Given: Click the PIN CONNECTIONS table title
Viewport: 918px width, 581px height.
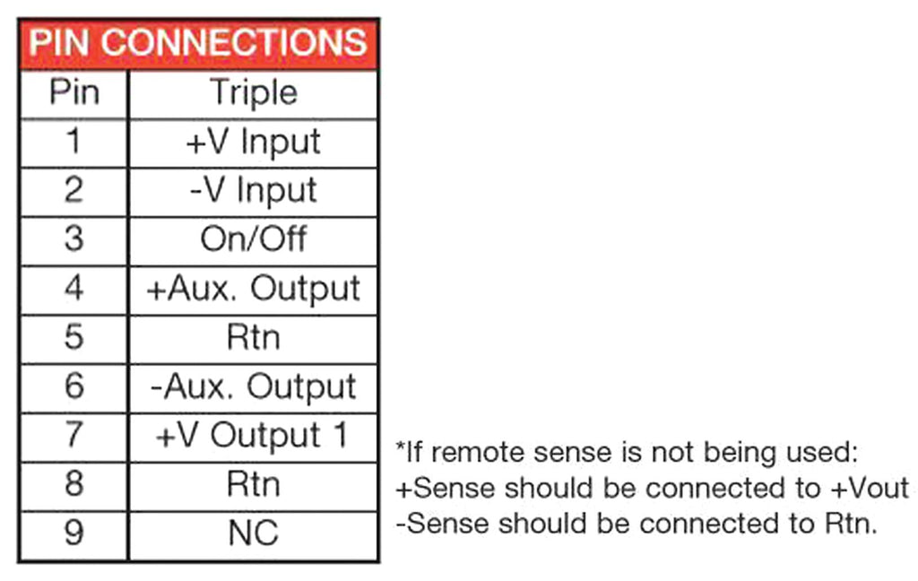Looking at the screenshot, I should (x=198, y=42).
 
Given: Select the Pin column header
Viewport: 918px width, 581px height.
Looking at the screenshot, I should (x=74, y=92).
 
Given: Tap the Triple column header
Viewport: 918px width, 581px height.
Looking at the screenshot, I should (x=253, y=92).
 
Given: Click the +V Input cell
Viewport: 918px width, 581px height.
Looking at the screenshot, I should (x=253, y=142).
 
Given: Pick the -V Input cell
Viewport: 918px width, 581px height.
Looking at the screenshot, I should (x=253, y=191).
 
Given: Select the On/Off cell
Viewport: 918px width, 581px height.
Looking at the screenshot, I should (x=253, y=239).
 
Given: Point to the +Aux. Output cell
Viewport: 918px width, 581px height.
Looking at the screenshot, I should (x=253, y=289).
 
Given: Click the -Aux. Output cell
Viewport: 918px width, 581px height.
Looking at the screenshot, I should (x=253, y=387).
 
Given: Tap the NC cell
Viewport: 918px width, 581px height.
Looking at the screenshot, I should (x=253, y=533).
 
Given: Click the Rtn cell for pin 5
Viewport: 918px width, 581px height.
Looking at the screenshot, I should (x=253, y=338).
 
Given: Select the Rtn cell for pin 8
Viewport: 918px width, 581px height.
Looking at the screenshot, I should (x=253, y=485).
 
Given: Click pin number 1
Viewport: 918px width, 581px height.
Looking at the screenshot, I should (x=74, y=142).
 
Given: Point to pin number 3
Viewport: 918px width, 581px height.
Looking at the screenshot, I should (x=74, y=239).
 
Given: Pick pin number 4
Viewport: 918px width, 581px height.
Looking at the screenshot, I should (x=74, y=289).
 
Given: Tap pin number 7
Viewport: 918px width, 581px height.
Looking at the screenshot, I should (x=74, y=436).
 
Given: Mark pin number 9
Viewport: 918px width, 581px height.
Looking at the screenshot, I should (x=74, y=533).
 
